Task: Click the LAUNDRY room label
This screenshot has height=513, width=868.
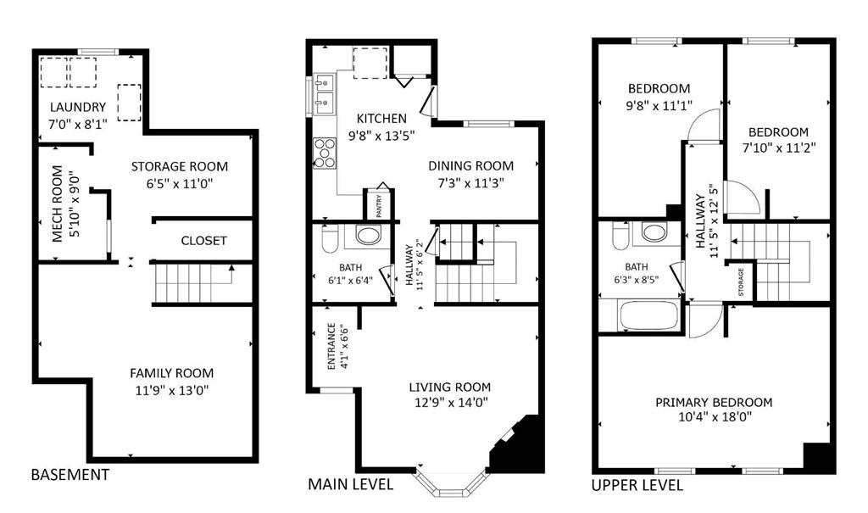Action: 77,108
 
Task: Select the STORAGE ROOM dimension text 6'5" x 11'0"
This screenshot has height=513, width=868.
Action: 179,183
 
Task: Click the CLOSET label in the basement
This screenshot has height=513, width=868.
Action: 203,241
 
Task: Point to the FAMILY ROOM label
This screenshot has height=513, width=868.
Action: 171,373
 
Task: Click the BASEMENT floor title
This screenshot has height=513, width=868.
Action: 70,475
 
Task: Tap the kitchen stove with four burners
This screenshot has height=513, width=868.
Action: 325,153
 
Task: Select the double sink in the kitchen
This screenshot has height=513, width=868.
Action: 323,93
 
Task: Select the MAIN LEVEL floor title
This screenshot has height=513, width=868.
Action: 350,485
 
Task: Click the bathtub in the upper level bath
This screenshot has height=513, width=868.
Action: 648,315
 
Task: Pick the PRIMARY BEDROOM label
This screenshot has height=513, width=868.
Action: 714,403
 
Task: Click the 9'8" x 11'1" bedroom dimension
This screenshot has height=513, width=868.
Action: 659,106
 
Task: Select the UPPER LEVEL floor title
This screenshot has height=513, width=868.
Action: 637,485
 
